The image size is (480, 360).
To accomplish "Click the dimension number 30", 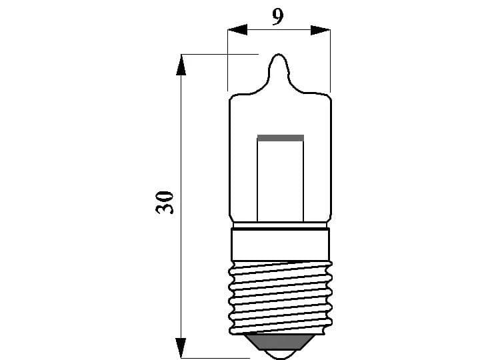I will click(165, 202).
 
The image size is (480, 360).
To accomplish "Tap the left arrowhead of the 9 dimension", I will click(237, 30).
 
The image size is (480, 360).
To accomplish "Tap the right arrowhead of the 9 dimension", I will click(321, 30).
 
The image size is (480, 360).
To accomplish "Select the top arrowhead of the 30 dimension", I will click(181, 65).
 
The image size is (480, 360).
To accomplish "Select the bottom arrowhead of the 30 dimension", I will click(181, 347).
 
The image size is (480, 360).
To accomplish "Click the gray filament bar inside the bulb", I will click(280, 138).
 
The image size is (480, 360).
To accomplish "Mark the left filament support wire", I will click(257, 180).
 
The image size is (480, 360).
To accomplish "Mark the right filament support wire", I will click(304, 180).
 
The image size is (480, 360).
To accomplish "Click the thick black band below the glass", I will click(280, 229).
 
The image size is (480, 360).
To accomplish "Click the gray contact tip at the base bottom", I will click(280, 347).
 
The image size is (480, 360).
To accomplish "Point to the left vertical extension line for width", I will click(228, 60).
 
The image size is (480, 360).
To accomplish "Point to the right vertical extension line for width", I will click(331, 60).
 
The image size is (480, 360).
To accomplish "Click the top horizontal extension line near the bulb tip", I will click(220, 53).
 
